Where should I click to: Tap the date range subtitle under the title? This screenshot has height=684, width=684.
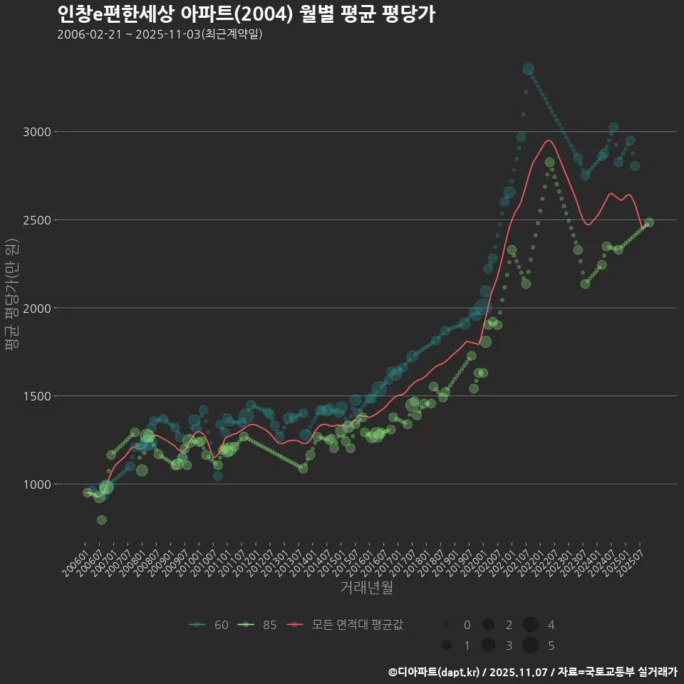(160, 34)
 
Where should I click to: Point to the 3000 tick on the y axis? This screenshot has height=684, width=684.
(36, 132)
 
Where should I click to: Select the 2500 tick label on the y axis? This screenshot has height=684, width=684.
(36, 220)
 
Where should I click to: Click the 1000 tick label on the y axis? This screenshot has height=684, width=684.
(36, 484)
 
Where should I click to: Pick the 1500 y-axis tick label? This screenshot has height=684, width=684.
(36, 396)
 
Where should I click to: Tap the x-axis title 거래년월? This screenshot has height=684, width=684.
(366, 588)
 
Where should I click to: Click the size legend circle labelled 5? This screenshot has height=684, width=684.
(530, 646)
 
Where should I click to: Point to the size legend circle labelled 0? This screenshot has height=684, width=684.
(446, 625)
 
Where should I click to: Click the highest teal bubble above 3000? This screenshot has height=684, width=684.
(528, 69)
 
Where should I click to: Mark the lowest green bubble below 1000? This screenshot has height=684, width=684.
(102, 520)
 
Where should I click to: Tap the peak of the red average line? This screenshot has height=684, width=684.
(548, 140)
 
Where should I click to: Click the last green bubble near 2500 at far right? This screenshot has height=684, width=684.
(648, 222)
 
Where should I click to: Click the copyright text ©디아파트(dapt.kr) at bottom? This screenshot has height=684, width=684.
(436, 672)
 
